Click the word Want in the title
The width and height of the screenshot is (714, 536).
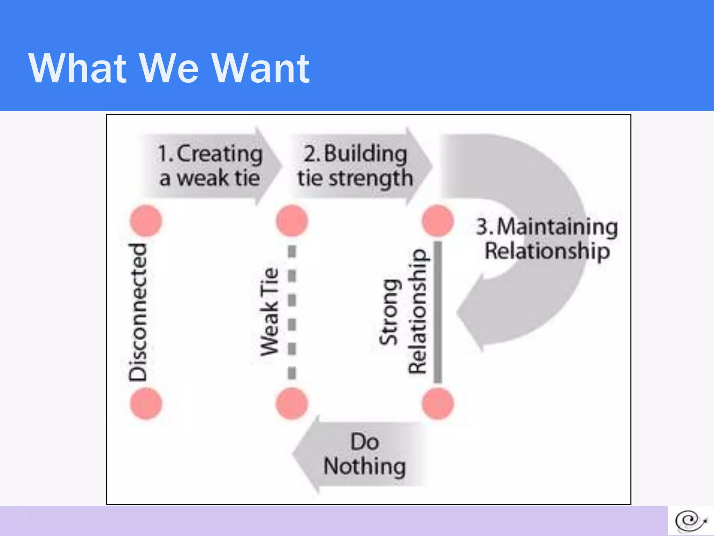pyautogui.click(x=260, y=68)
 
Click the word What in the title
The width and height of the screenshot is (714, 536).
pyautogui.click(x=77, y=68)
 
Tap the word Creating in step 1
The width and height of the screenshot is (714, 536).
pyautogui.click(x=220, y=154)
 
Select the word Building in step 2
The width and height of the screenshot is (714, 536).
pyautogui.click(x=365, y=154)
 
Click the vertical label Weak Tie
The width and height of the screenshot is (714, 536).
pyautogui.click(x=269, y=312)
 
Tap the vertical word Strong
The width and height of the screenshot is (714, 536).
pyautogui.click(x=388, y=312)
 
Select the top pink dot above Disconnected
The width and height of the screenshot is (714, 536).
pyautogui.click(x=146, y=221)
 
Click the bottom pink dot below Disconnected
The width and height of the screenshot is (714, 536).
pyautogui.click(x=146, y=404)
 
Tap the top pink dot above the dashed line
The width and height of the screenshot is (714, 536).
pyautogui.click(x=292, y=221)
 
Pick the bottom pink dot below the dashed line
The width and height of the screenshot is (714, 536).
pyautogui.click(x=292, y=404)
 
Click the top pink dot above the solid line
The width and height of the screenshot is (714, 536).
pyautogui.click(x=438, y=221)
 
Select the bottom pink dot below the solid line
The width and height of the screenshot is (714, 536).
pyautogui.click(x=438, y=404)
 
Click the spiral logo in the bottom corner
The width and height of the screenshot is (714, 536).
pyautogui.click(x=690, y=521)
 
